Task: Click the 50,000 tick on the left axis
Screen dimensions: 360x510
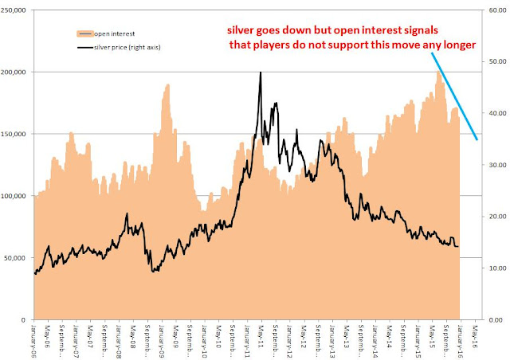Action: tap(18, 258)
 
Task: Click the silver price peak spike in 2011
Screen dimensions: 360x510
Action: tap(261, 73)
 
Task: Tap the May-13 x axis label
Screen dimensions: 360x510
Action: tap(346, 336)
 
